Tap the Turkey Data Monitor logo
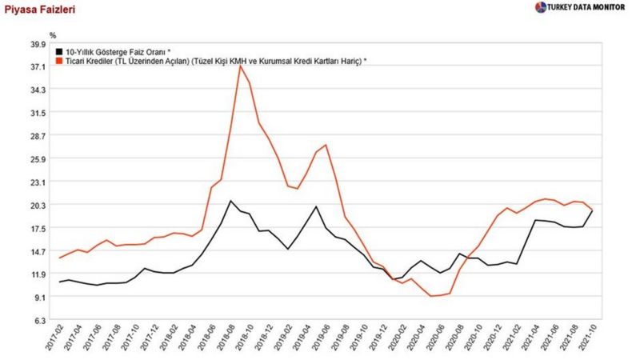pos(582,7)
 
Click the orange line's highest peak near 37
pos(240,66)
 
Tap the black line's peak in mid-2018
pos(230,201)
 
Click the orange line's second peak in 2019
pos(326,145)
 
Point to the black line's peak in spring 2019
pos(316,206)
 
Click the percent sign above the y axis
pos(53,35)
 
